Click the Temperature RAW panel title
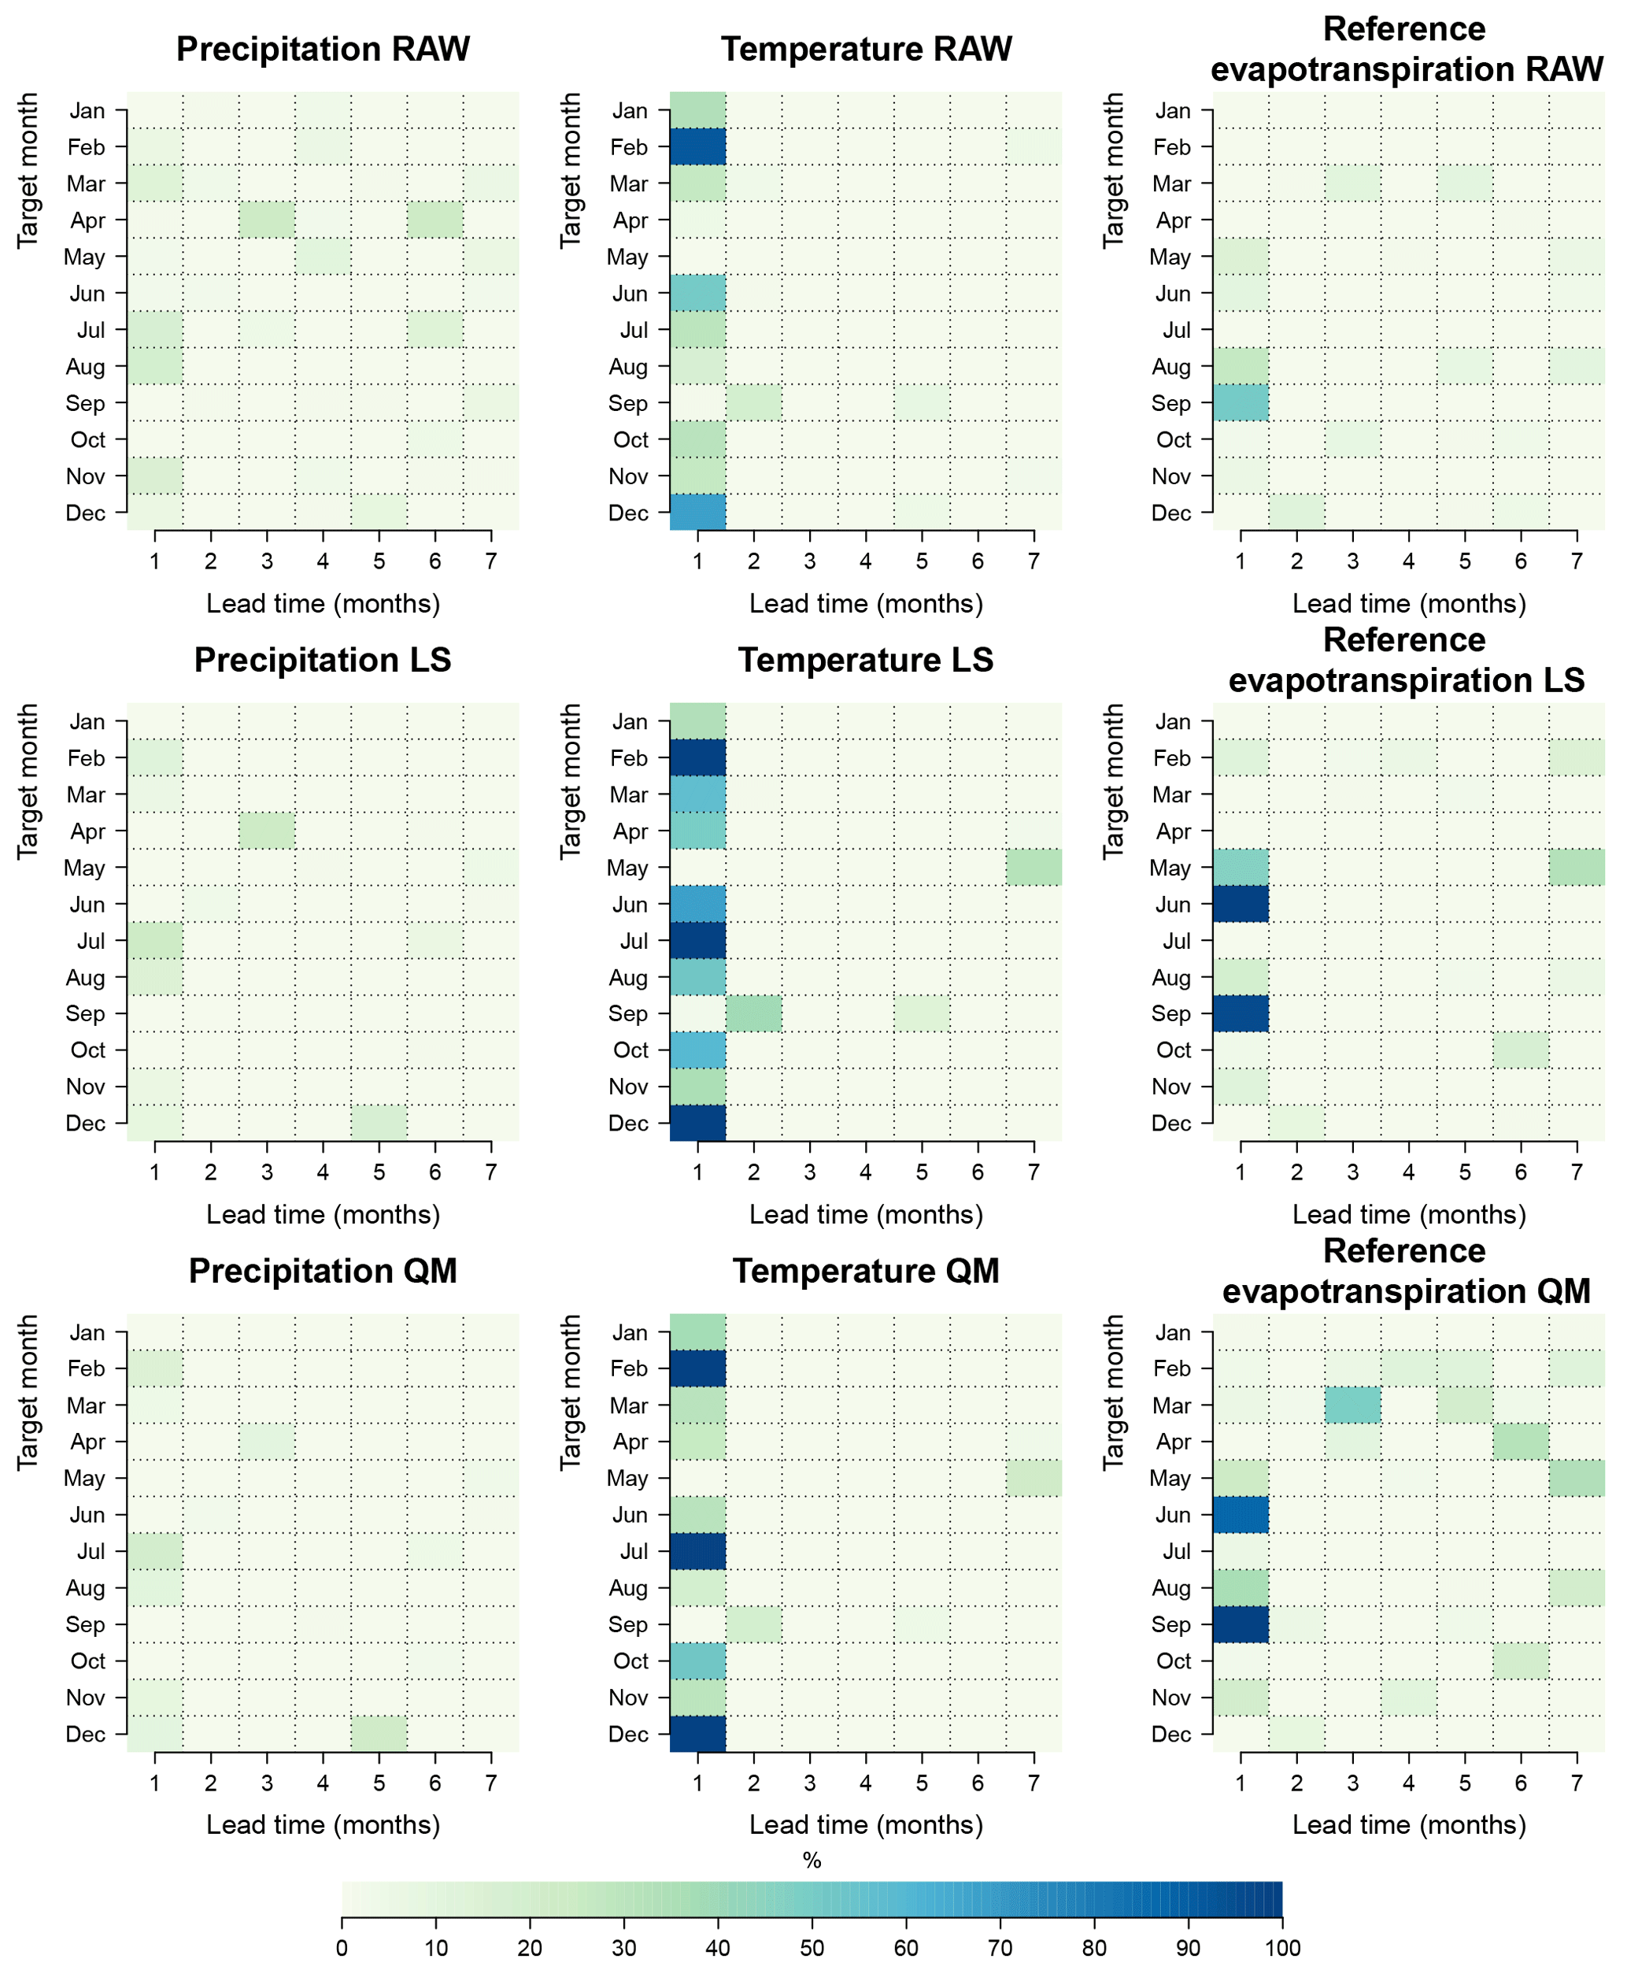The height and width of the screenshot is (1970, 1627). pos(865,49)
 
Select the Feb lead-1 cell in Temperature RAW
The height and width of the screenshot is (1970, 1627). pos(697,147)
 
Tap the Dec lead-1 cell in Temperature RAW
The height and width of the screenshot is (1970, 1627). pos(697,512)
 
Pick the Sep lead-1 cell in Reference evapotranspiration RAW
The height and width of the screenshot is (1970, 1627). pos(1240,402)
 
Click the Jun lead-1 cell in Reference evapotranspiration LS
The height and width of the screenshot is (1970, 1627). pos(1240,904)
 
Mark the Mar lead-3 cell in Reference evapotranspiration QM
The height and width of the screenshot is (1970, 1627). pos(1352,1405)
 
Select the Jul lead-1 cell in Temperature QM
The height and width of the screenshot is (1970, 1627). pos(697,1551)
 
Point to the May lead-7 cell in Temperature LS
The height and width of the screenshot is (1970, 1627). pos(1034,868)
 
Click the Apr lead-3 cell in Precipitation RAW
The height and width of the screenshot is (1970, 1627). pos(267,220)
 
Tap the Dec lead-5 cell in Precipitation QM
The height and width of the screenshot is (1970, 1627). pos(379,1734)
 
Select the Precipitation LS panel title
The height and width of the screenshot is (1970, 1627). pos(323,660)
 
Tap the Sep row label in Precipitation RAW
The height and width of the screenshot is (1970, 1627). pos(85,403)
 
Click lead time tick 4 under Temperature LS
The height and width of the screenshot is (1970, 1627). pos(866,1172)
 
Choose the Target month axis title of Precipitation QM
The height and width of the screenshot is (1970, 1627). pos(28,1391)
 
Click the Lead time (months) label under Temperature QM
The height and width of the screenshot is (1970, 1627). pos(865,1824)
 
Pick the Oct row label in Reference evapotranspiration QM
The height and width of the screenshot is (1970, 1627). pos(1174,1661)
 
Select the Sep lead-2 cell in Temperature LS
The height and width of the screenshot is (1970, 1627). pos(753,1013)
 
